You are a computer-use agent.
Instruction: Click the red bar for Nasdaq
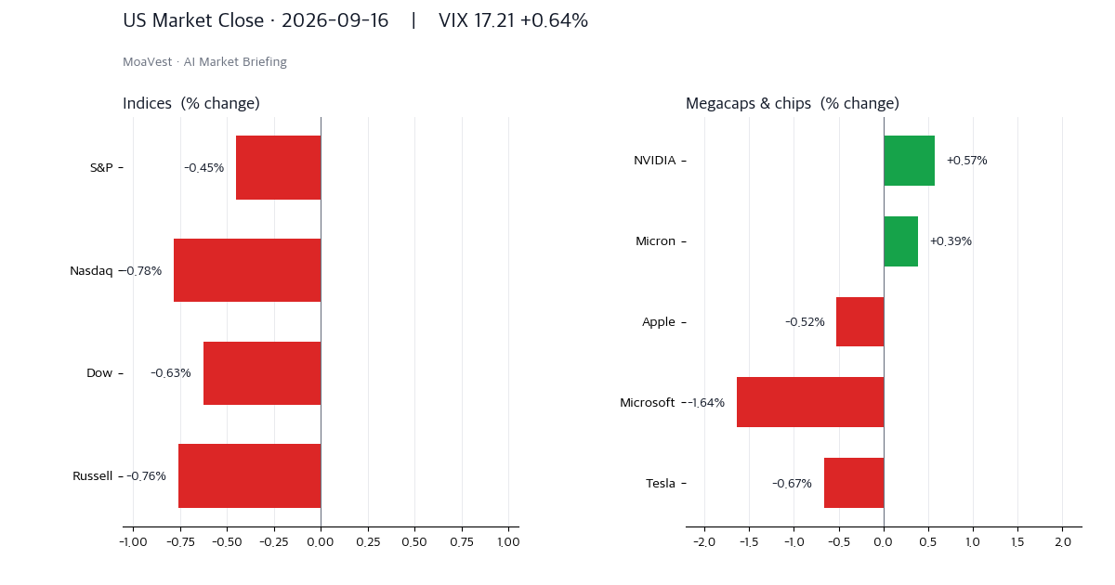click(x=247, y=270)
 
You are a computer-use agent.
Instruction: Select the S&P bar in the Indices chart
click(x=279, y=168)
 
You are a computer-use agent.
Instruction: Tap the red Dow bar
click(x=262, y=373)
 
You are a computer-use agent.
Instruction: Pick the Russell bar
click(x=250, y=475)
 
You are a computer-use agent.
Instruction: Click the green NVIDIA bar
click(x=910, y=161)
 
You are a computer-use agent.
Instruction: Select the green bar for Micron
click(x=901, y=241)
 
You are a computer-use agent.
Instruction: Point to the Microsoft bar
click(x=810, y=402)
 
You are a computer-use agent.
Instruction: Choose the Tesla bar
click(x=854, y=483)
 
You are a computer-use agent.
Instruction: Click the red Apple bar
click(x=860, y=322)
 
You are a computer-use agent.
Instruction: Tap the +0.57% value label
click(x=966, y=161)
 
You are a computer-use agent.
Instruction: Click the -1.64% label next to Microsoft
click(x=706, y=402)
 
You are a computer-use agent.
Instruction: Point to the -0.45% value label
click(x=204, y=168)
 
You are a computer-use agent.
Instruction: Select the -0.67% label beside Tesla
click(x=792, y=483)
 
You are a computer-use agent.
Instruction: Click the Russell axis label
click(x=93, y=476)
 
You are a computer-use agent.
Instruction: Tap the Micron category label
click(x=656, y=241)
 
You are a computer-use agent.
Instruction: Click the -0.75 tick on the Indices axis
click(x=180, y=541)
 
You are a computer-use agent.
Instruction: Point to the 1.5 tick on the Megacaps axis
click(x=1017, y=541)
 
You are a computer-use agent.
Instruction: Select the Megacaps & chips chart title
click(x=793, y=103)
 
